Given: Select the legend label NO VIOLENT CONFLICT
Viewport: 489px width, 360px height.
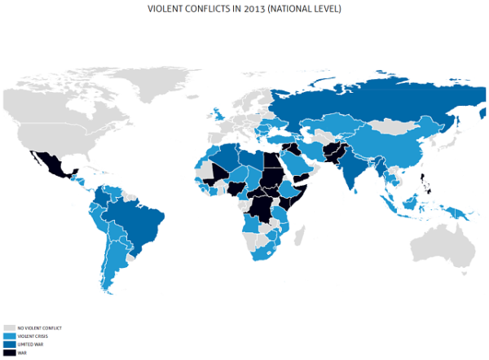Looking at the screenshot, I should [39, 327].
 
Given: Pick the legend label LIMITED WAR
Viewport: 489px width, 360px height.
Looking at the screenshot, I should [29, 344].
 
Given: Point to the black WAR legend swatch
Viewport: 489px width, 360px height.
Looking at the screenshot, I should [8, 352].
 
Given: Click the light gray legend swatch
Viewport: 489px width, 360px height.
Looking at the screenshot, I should [8, 327].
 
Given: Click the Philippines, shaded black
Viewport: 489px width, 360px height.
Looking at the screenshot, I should [423, 182].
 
